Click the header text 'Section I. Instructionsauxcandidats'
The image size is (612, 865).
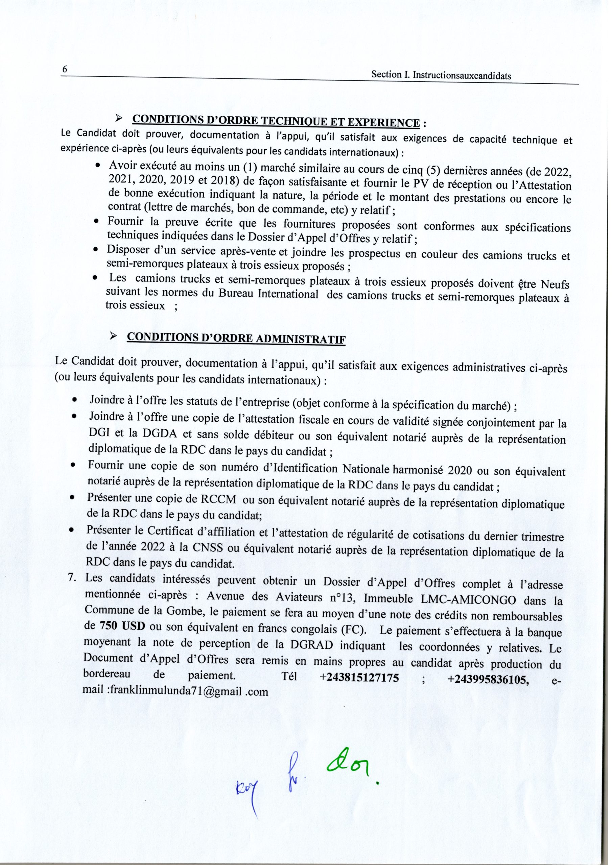[x=441, y=75]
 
